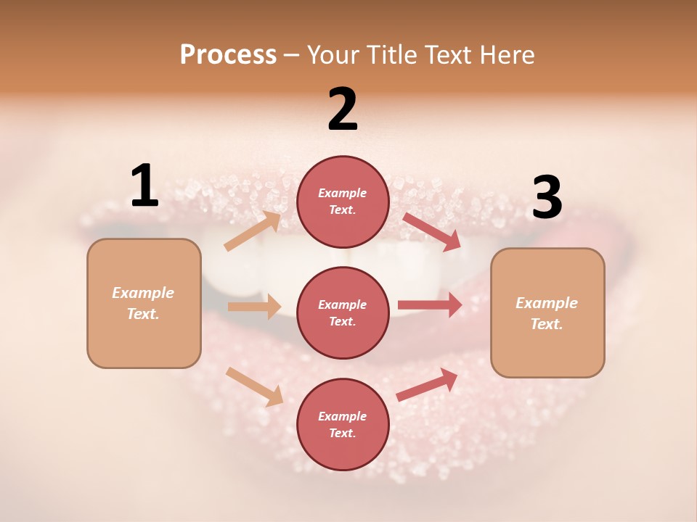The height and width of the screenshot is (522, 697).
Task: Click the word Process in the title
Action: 228,55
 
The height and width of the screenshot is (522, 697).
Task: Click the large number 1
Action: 144,186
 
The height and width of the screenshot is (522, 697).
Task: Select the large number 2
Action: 343,110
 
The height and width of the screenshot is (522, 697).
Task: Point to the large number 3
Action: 547,198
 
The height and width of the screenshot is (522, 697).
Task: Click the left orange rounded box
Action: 144,303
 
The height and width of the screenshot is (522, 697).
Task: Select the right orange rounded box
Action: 547,312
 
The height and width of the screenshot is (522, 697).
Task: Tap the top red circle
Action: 343,202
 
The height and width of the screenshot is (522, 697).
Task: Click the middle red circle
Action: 343,312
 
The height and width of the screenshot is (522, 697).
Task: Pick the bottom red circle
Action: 343,424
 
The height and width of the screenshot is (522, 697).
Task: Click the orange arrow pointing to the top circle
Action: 253,231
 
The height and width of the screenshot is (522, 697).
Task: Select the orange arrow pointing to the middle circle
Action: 254,307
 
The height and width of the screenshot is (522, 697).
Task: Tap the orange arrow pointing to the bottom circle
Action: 255,386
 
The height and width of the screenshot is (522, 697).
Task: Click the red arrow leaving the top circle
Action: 432,231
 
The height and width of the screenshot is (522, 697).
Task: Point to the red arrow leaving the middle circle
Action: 430,304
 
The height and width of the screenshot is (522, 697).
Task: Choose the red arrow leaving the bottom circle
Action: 427,385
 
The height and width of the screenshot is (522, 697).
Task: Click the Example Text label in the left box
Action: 143,303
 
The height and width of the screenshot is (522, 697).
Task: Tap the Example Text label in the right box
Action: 547,313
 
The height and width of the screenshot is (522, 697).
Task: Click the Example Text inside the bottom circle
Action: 343,424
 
